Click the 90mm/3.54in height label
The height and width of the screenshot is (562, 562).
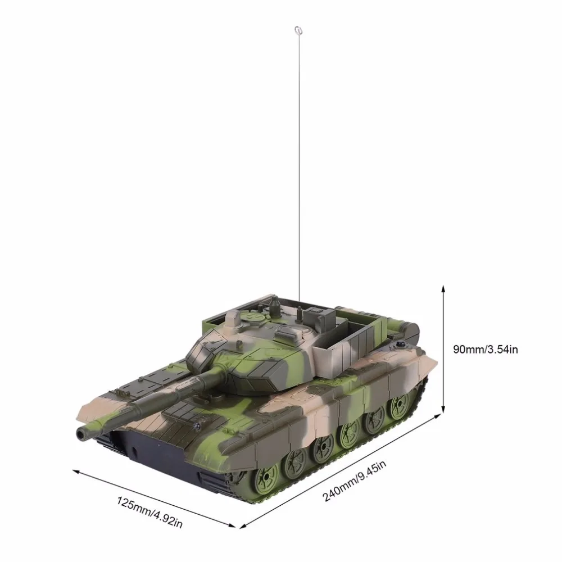486,349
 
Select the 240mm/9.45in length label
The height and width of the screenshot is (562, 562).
354,482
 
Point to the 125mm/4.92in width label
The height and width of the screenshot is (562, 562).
149,512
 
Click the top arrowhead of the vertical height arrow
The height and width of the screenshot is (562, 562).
443,289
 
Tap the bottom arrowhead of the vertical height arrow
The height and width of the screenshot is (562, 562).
443,408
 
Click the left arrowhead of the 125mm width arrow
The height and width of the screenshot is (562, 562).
76,472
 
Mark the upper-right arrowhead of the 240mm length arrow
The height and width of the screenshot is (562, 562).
437,416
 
